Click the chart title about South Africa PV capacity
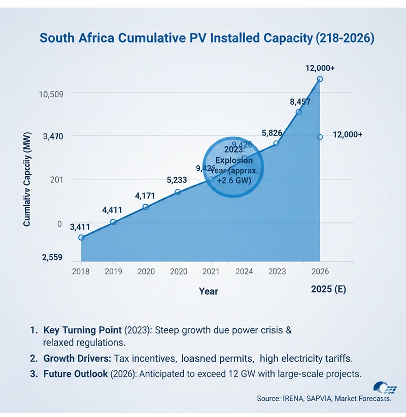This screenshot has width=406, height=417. click(207, 39)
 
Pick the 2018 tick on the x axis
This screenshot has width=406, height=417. click(81, 271)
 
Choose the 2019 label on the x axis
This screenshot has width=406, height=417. click(113, 271)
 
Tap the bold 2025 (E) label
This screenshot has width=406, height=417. click(328, 289)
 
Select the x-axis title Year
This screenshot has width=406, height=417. click(208, 291)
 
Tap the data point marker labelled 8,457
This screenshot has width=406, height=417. click(298, 112)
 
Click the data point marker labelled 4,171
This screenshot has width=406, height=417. click(146, 207)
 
